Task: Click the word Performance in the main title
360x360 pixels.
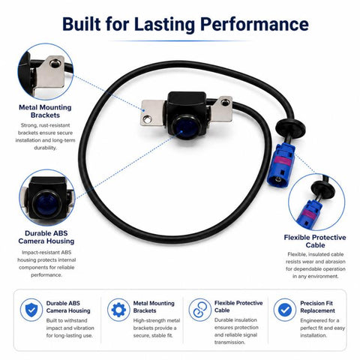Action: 254,24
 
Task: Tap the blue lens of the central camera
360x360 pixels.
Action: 186,127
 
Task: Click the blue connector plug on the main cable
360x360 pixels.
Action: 280,166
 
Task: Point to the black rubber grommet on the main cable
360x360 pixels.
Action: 290,127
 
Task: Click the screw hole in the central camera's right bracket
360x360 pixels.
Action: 225,102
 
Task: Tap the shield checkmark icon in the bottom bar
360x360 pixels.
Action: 31,310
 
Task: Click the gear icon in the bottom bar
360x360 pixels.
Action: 118,310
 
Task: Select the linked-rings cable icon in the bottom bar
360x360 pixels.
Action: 200,310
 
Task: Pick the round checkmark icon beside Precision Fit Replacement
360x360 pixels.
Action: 285,310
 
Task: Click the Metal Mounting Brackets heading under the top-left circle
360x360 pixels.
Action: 45,111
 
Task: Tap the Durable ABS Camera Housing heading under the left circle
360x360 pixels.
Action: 46,237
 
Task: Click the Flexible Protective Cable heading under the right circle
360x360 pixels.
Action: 315,241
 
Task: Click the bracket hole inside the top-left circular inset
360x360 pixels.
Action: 54,64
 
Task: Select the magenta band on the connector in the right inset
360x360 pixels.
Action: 310,213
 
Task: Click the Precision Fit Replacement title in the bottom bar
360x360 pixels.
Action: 317,307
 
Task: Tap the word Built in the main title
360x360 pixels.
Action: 82,24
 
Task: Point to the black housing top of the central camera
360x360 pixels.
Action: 187,98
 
